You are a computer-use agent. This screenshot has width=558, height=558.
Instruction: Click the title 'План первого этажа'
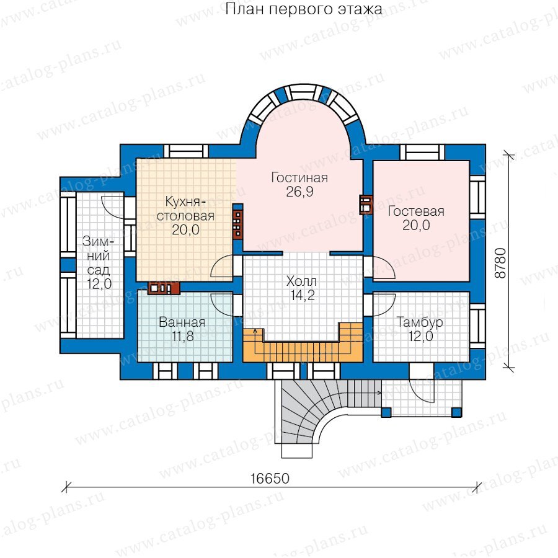point(304,9)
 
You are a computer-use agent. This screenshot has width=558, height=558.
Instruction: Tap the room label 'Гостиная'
point(299,177)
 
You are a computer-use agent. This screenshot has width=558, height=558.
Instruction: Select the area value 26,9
point(299,192)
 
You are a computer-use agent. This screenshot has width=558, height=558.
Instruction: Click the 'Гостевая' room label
point(416,211)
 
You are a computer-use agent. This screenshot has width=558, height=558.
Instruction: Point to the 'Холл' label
point(301,281)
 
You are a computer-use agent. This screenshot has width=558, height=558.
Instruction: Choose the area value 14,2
point(302,295)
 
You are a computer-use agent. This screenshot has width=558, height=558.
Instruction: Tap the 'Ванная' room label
point(182,322)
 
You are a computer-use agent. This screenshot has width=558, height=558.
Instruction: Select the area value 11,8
point(182,336)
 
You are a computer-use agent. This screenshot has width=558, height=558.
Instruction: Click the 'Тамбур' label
point(420,322)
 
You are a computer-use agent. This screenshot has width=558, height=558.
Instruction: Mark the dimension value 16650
point(270,478)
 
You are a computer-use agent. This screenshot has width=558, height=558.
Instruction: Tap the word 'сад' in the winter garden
point(99,270)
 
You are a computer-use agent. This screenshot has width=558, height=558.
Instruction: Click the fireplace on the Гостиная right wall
point(366,205)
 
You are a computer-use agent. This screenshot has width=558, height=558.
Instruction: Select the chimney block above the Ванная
point(164,288)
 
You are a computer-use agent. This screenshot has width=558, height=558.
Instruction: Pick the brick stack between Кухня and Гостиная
point(237,223)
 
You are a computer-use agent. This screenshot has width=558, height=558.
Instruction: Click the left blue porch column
point(386,412)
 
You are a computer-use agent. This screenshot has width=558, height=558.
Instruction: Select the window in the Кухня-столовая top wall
point(186,151)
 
